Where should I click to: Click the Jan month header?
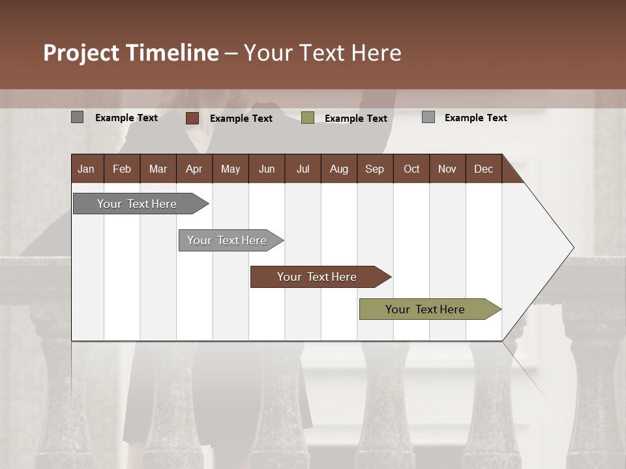pyautogui.click(x=86, y=169)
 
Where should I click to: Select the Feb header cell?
pyautogui.click(x=122, y=169)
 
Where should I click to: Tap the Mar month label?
pyautogui.click(x=158, y=169)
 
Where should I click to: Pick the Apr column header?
pyautogui.click(x=194, y=169)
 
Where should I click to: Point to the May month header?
pyautogui.click(x=230, y=169)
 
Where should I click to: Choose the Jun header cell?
pyautogui.click(x=267, y=169)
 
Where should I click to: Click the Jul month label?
pyautogui.click(x=303, y=169)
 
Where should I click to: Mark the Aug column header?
pyautogui.click(x=338, y=169)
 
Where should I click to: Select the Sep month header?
pyautogui.click(x=374, y=169)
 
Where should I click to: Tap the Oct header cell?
pyautogui.click(x=411, y=169)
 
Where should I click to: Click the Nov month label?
pyautogui.click(x=447, y=169)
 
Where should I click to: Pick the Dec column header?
pyautogui.click(x=483, y=169)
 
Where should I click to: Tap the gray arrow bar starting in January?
pyautogui.click(x=138, y=204)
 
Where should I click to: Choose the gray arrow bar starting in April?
pyautogui.click(x=228, y=240)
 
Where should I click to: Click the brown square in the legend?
pyautogui.click(x=192, y=118)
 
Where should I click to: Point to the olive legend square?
pyautogui.click(x=308, y=117)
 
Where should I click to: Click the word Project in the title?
pyautogui.click(x=82, y=53)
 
